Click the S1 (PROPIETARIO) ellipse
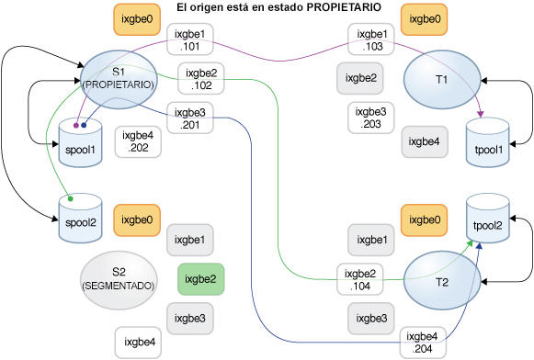tap(119, 78)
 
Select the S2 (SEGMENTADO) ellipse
tap(118, 278)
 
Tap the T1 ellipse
tap(441, 80)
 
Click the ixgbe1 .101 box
tap(194, 39)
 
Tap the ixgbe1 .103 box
tap(372, 39)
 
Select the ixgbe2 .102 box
tap(201, 78)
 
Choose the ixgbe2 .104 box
tap(359, 279)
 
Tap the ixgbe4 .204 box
tap(424, 343)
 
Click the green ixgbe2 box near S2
tap(200, 278)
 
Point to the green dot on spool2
tap(70, 197)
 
